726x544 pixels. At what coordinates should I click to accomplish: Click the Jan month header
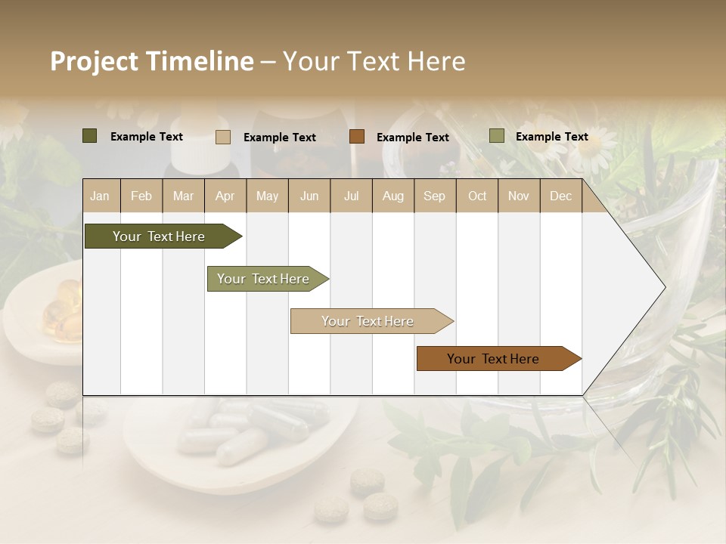(x=101, y=196)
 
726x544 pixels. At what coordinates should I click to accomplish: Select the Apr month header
(x=225, y=196)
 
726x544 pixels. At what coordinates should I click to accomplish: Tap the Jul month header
(x=351, y=196)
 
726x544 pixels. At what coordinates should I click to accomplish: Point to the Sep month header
(x=434, y=196)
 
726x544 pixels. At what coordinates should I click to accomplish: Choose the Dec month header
(x=560, y=196)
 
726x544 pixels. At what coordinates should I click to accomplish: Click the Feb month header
(x=141, y=196)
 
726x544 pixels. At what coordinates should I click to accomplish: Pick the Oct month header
(x=477, y=196)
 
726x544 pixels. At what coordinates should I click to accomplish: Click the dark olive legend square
(x=90, y=136)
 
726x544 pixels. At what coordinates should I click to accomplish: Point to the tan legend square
(x=223, y=137)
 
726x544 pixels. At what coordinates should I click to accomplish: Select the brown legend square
(x=357, y=137)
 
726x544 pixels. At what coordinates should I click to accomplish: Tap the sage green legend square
(x=497, y=136)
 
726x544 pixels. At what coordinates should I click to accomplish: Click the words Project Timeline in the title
(x=152, y=61)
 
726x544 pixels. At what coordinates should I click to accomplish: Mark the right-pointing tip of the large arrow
(x=664, y=287)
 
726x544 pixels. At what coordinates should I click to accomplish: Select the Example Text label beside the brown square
(x=412, y=138)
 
